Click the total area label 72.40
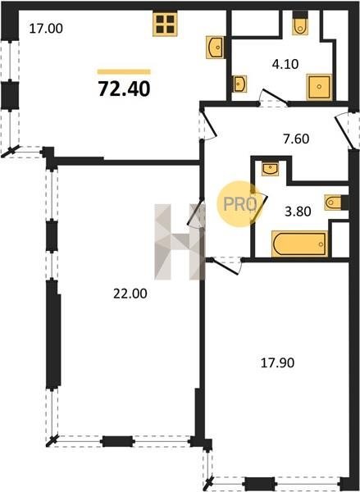(125, 89)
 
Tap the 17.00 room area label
(46, 29)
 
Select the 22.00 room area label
(130, 294)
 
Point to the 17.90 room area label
(277, 363)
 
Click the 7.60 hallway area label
(296, 139)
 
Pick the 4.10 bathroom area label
(285, 64)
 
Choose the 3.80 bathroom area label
(298, 212)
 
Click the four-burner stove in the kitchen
(165, 25)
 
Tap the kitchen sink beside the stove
(215, 47)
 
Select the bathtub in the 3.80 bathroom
(300, 244)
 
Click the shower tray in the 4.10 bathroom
(319, 87)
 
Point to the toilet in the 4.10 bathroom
(300, 23)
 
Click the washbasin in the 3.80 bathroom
(270, 169)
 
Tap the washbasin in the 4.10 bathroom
(239, 84)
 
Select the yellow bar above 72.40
(124, 72)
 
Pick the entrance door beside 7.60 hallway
(347, 130)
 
